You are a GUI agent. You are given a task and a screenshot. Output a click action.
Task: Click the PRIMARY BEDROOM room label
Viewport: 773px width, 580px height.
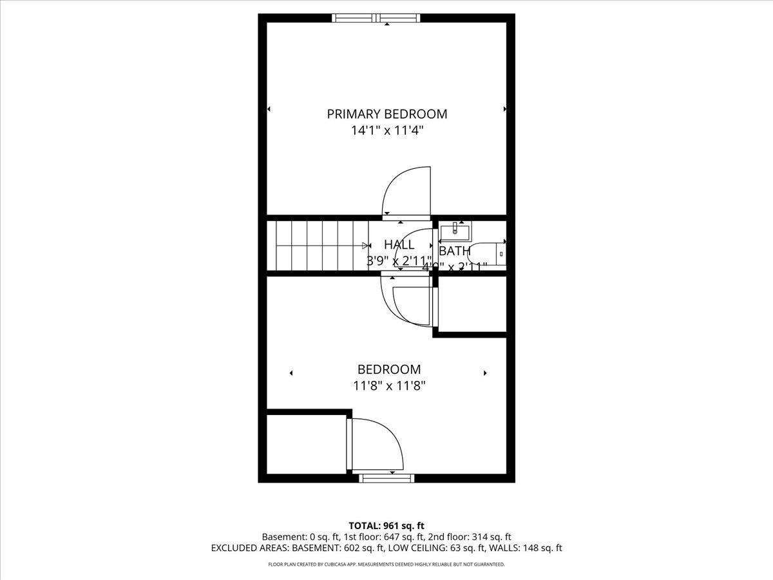point(386,114)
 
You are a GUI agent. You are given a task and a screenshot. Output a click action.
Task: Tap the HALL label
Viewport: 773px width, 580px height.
point(399,245)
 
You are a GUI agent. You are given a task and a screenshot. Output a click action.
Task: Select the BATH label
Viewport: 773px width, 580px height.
point(454,251)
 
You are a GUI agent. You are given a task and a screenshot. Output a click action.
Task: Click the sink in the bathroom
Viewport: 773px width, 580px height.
point(455,229)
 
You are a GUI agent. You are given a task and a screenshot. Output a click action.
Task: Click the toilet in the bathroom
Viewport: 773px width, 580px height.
point(492,253)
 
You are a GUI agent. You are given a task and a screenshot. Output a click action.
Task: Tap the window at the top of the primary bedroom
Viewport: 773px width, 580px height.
point(376,18)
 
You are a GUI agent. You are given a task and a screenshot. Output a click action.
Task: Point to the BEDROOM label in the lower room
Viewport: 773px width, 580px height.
point(389,369)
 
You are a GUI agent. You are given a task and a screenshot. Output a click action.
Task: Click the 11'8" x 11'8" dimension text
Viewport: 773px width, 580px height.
point(389,386)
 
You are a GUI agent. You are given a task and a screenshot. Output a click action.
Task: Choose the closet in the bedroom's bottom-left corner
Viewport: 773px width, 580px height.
point(306,445)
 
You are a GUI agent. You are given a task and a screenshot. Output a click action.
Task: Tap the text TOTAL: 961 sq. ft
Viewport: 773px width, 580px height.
point(386,525)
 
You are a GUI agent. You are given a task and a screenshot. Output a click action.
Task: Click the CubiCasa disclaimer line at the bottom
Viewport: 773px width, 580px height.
point(386,565)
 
